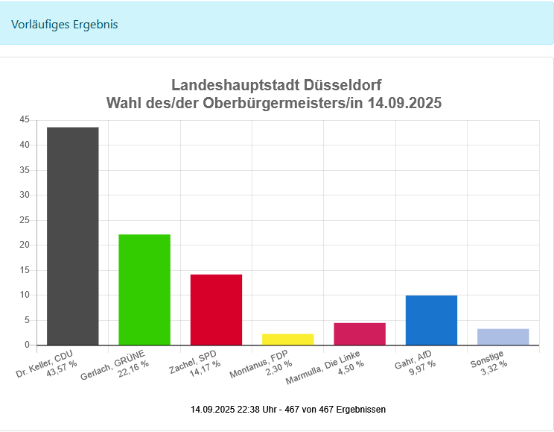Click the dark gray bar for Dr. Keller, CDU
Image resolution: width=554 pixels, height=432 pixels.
click(73, 236)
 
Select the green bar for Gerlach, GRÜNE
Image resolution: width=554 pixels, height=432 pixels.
click(144, 289)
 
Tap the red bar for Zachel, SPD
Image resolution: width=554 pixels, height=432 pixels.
click(216, 310)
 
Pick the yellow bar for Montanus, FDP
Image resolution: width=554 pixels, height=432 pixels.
click(288, 339)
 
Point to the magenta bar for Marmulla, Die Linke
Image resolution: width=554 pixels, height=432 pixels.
click(360, 334)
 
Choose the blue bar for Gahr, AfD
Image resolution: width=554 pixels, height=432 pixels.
click(431, 320)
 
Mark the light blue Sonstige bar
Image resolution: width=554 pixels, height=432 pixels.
click(503, 337)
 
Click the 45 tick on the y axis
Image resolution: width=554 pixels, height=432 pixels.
click(25, 119)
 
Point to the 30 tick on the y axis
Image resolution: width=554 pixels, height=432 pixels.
click(25, 195)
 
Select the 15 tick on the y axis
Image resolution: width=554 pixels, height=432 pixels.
click(25, 270)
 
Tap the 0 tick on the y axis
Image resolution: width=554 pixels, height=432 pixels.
click(27, 345)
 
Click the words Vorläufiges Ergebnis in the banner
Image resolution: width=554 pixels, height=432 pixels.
click(65, 24)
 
